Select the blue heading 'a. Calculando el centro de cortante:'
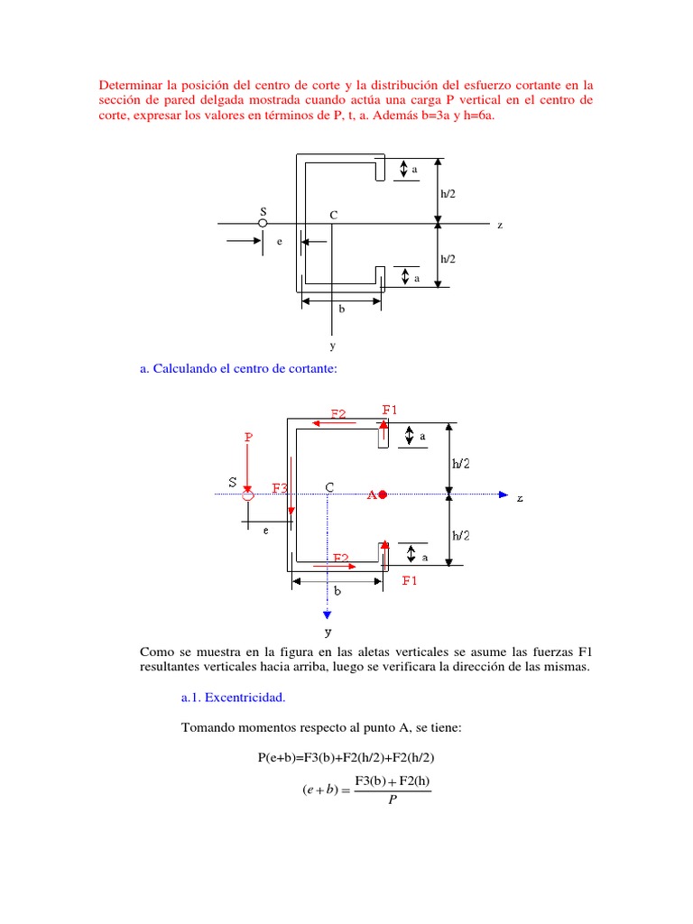pos(238,368)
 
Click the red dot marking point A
pos(383,494)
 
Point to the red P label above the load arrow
pos(248,437)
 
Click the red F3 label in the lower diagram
pos(281,488)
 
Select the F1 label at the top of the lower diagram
pos(390,410)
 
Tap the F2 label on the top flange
pos(338,414)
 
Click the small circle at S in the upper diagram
pos(263,223)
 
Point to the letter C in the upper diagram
pos(333,215)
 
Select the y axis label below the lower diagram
pos(329,632)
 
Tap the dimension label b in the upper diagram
pos(341,309)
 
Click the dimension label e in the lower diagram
pos(265,531)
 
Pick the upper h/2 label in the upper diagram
pos(448,193)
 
